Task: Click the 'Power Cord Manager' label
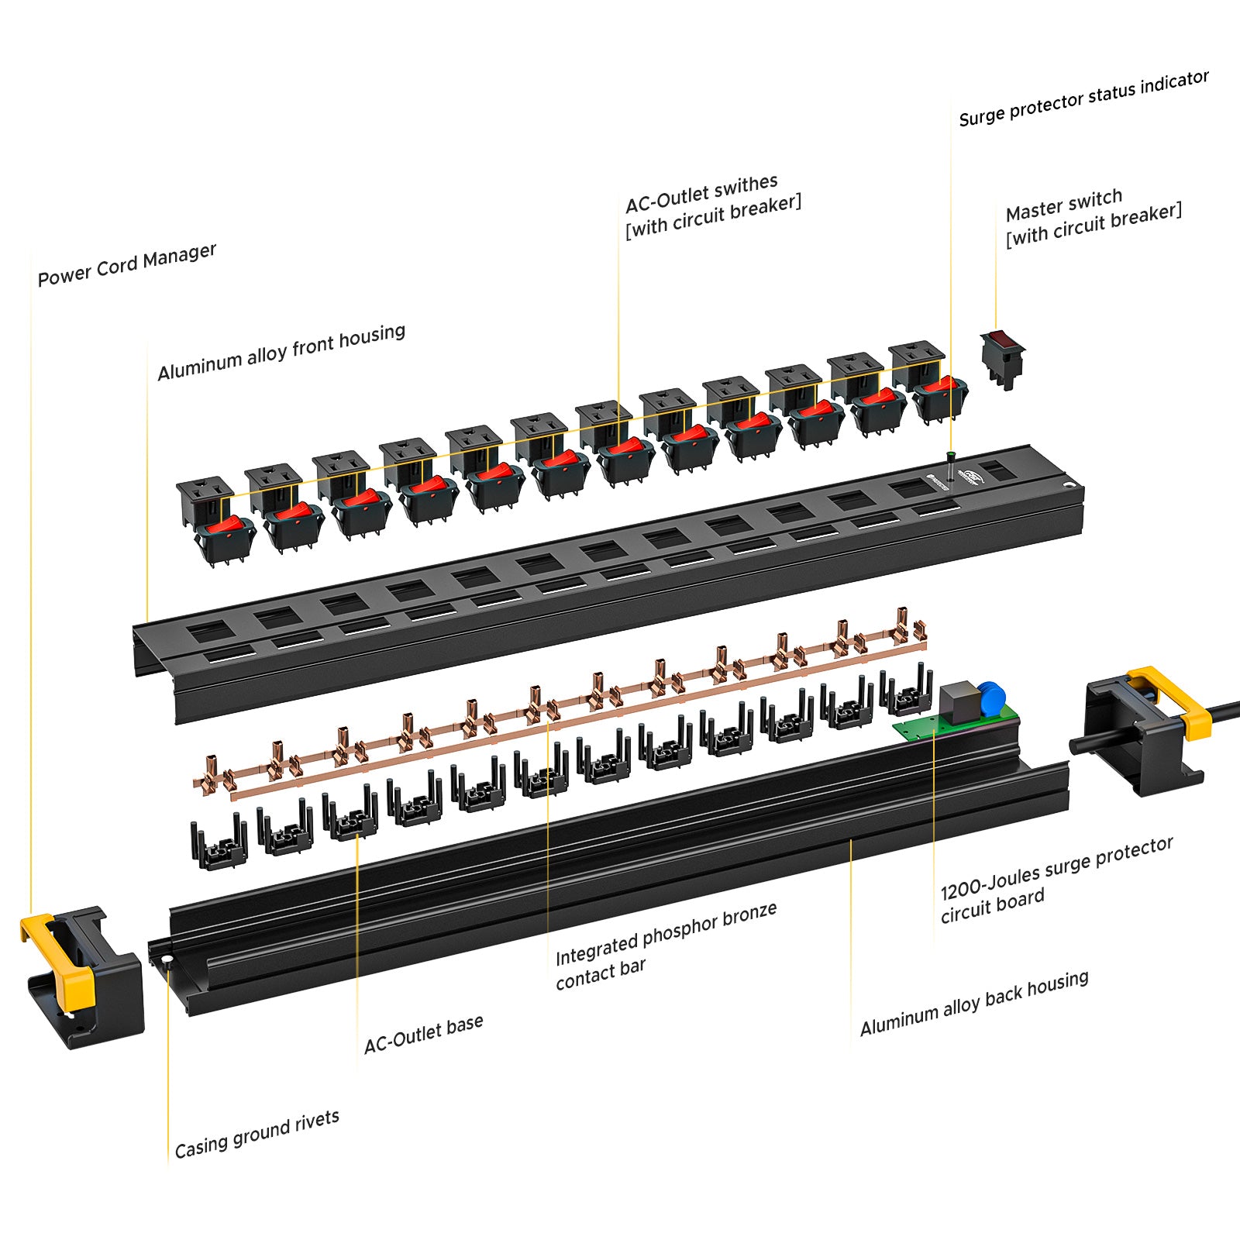tap(127, 264)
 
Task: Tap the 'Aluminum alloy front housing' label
tap(281, 353)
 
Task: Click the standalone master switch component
tap(1003, 359)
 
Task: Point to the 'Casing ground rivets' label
tap(257, 1133)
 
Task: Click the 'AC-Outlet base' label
tap(423, 1034)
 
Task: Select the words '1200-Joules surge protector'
tap(1056, 868)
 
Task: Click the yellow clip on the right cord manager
tap(1173, 701)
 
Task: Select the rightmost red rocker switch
tap(940, 386)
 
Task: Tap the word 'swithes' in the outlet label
tap(746, 187)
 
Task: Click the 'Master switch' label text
tap(1063, 205)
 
